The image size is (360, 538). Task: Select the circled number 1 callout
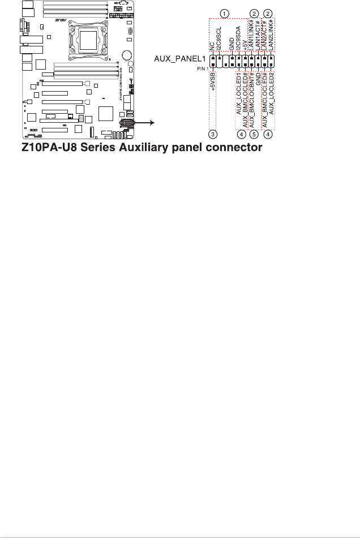[x=225, y=13]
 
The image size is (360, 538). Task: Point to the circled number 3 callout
[x=212, y=134]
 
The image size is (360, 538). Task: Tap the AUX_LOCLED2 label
[x=272, y=93]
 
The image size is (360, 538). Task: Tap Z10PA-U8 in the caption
[x=45, y=148]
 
